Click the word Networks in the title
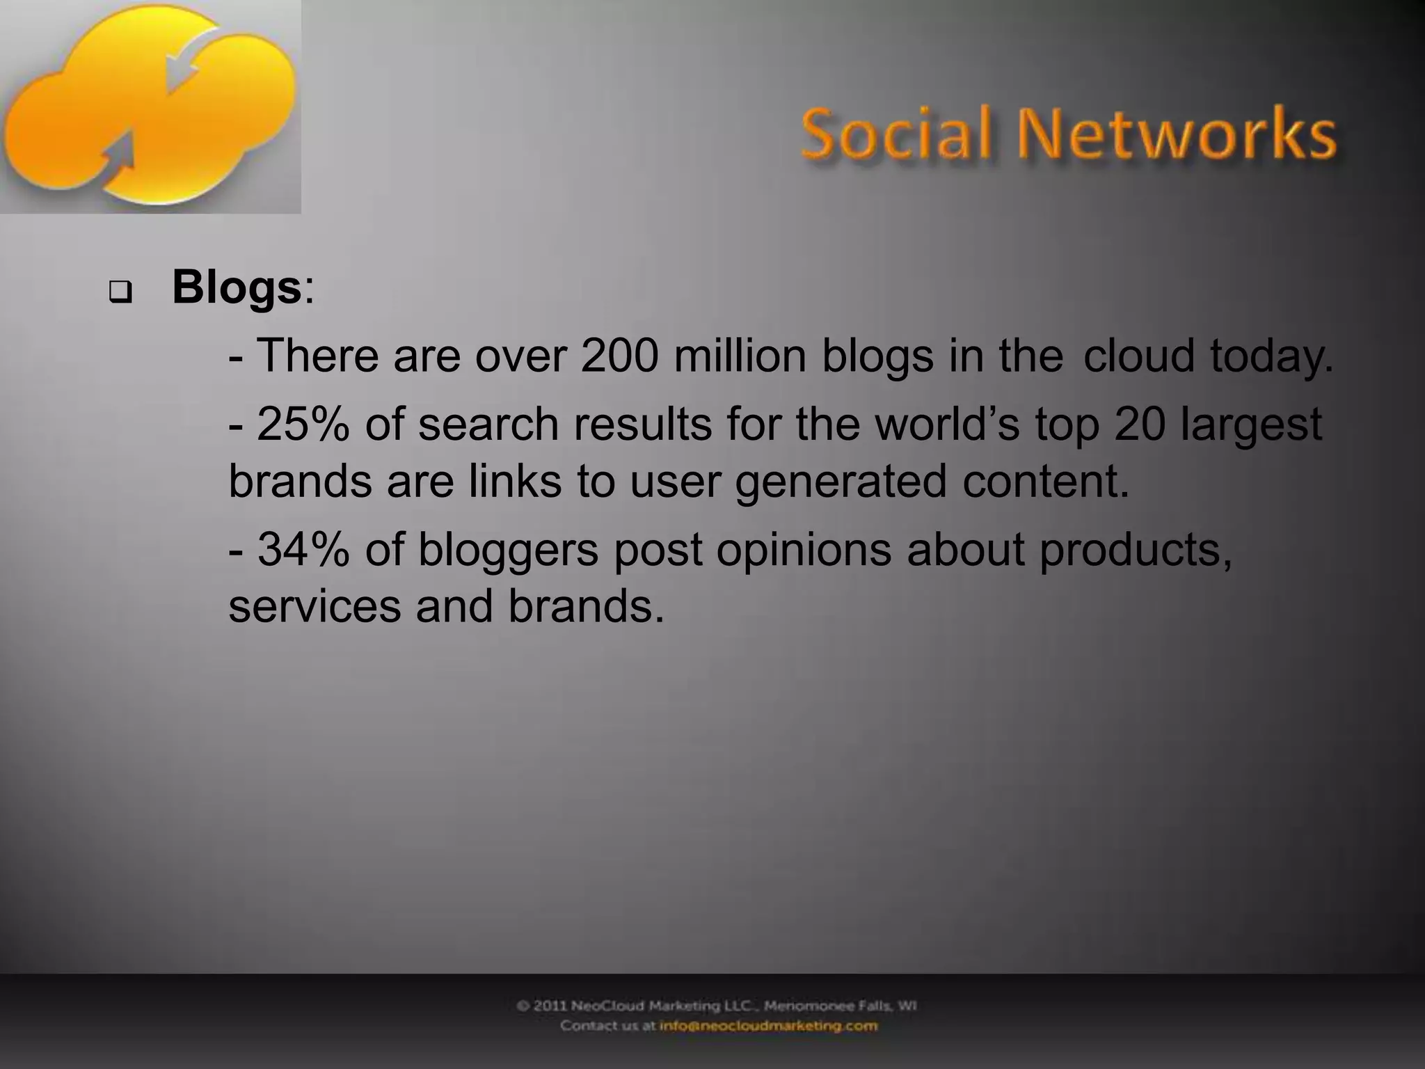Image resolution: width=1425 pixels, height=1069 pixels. pos(1177,134)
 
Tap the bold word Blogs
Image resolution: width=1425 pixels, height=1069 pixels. pos(236,287)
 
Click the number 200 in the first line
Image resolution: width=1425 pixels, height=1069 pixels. pos(619,355)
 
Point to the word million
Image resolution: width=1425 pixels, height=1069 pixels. pos(740,355)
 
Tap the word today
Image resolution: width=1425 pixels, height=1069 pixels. pos(1271,356)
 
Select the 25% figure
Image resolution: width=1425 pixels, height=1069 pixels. pos(303,424)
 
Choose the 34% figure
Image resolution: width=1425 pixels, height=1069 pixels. pos(303,549)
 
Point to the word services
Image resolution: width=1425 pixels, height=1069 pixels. pos(315,605)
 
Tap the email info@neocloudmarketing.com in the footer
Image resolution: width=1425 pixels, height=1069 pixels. pos(768,1026)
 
